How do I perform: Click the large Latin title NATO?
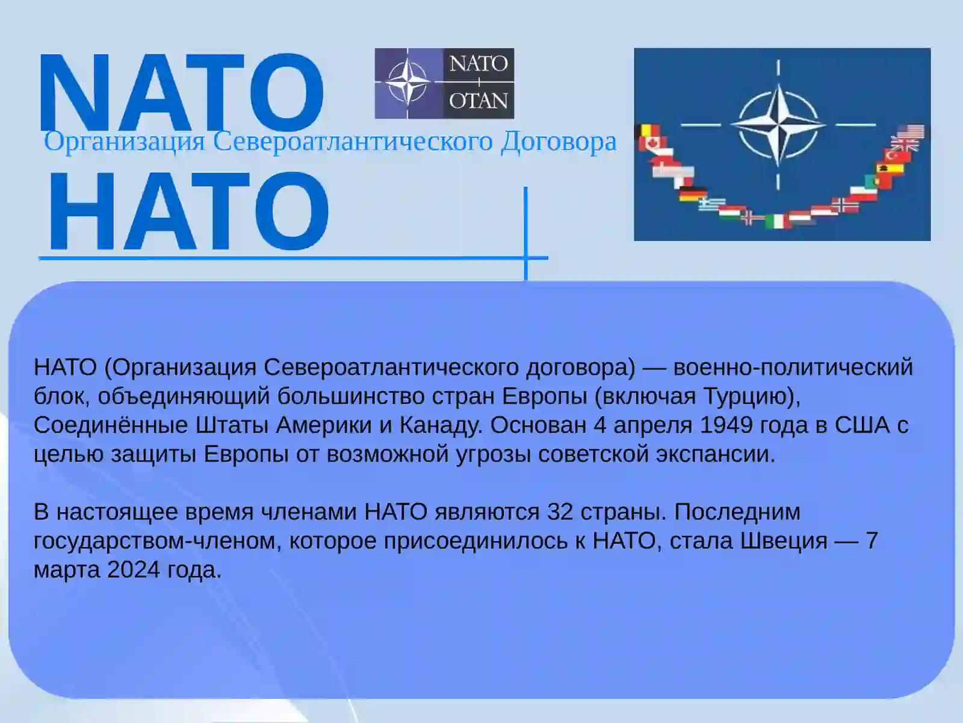click(181, 92)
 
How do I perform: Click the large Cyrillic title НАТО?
click(188, 211)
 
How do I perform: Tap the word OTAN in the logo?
click(478, 101)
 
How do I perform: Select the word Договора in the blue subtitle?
click(559, 142)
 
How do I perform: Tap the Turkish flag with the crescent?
click(894, 155)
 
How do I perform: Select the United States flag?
click(911, 131)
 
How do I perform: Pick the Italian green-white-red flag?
click(778, 221)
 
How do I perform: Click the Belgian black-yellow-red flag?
click(650, 131)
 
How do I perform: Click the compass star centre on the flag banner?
click(778, 125)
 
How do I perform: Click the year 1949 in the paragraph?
click(726, 425)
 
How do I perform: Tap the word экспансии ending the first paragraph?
click(716, 455)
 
